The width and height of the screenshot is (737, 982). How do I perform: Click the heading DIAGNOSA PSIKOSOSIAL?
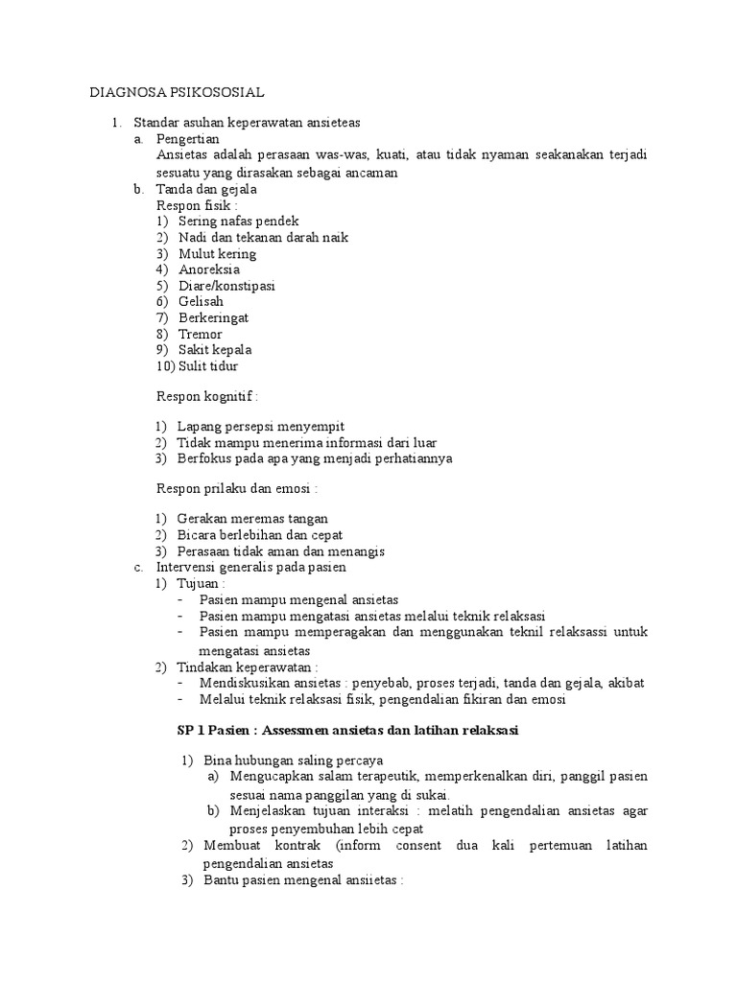point(177,93)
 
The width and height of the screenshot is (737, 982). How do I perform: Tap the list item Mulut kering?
point(217,254)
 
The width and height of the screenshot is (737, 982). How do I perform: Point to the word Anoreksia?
point(208,270)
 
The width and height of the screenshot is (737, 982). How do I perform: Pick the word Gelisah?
point(201,302)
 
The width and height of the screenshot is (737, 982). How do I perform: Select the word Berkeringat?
point(214,318)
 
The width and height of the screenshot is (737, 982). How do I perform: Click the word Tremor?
point(201,335)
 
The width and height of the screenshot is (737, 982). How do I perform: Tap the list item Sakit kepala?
point(215,350)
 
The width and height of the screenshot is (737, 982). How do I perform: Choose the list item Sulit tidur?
point(208,366)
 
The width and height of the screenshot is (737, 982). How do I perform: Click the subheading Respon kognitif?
point(207,396)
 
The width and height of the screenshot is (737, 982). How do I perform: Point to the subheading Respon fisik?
point(197,205)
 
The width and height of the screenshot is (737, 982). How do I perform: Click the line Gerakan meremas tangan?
point(252,519)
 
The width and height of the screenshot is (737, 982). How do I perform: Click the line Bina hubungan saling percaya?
point(277,760)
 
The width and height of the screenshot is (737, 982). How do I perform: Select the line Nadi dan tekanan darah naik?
point(263,238)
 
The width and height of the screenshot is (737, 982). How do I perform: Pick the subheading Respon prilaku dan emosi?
point(236,489)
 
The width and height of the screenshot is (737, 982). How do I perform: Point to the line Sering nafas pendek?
point(239,222)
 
